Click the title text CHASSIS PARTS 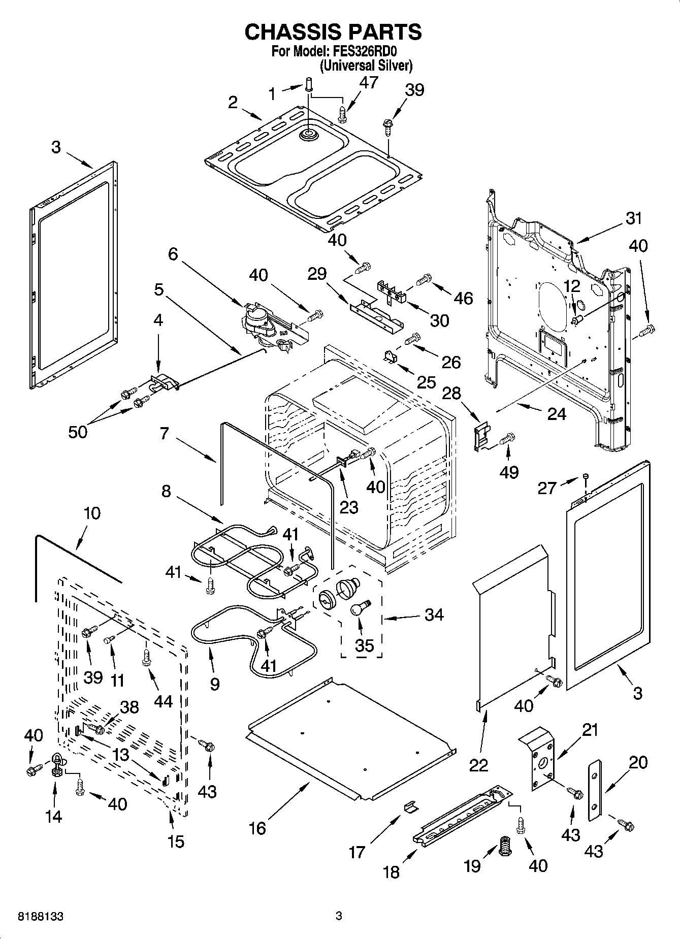333,31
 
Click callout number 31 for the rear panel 633,218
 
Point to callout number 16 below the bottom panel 257,828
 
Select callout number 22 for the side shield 478,765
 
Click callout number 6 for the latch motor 173,254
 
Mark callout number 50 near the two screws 78,432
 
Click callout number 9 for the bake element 214,684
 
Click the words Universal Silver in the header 366,66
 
